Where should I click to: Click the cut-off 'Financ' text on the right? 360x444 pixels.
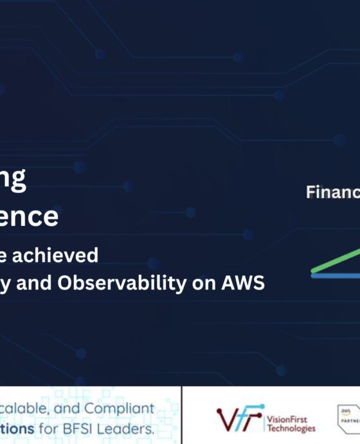click(332, 192)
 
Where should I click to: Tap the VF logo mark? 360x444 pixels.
click(239, 418)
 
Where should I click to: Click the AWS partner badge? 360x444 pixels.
click(348, 418)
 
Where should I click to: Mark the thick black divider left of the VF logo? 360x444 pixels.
click(182, 415)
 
